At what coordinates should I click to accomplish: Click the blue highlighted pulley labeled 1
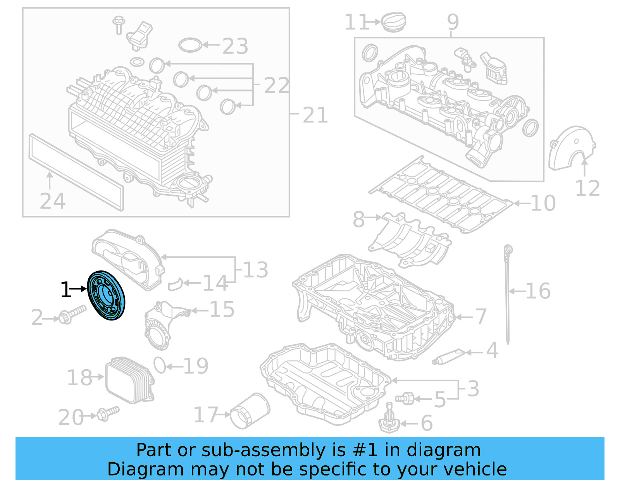click(106, 296)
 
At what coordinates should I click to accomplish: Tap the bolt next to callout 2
click(72, 314)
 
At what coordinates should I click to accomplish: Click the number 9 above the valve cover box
click(453, 22)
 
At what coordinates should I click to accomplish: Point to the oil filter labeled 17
click(250, 411)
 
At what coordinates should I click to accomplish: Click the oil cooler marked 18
click(129, 379)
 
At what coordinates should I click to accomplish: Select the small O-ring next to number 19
click(160, 365)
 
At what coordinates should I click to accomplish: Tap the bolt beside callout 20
click(108, 413)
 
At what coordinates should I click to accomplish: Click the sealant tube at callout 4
click(449, 357)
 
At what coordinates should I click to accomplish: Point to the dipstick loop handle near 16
click(508, 250)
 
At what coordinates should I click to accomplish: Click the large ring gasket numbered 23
click(190, 45)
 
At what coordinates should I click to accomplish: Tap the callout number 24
click(53, 201)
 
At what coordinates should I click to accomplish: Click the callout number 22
click(277, 85)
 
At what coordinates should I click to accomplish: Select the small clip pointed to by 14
click(176, 284)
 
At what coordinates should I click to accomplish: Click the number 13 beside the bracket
click(255, 270)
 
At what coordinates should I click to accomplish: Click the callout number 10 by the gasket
click(543, 203)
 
